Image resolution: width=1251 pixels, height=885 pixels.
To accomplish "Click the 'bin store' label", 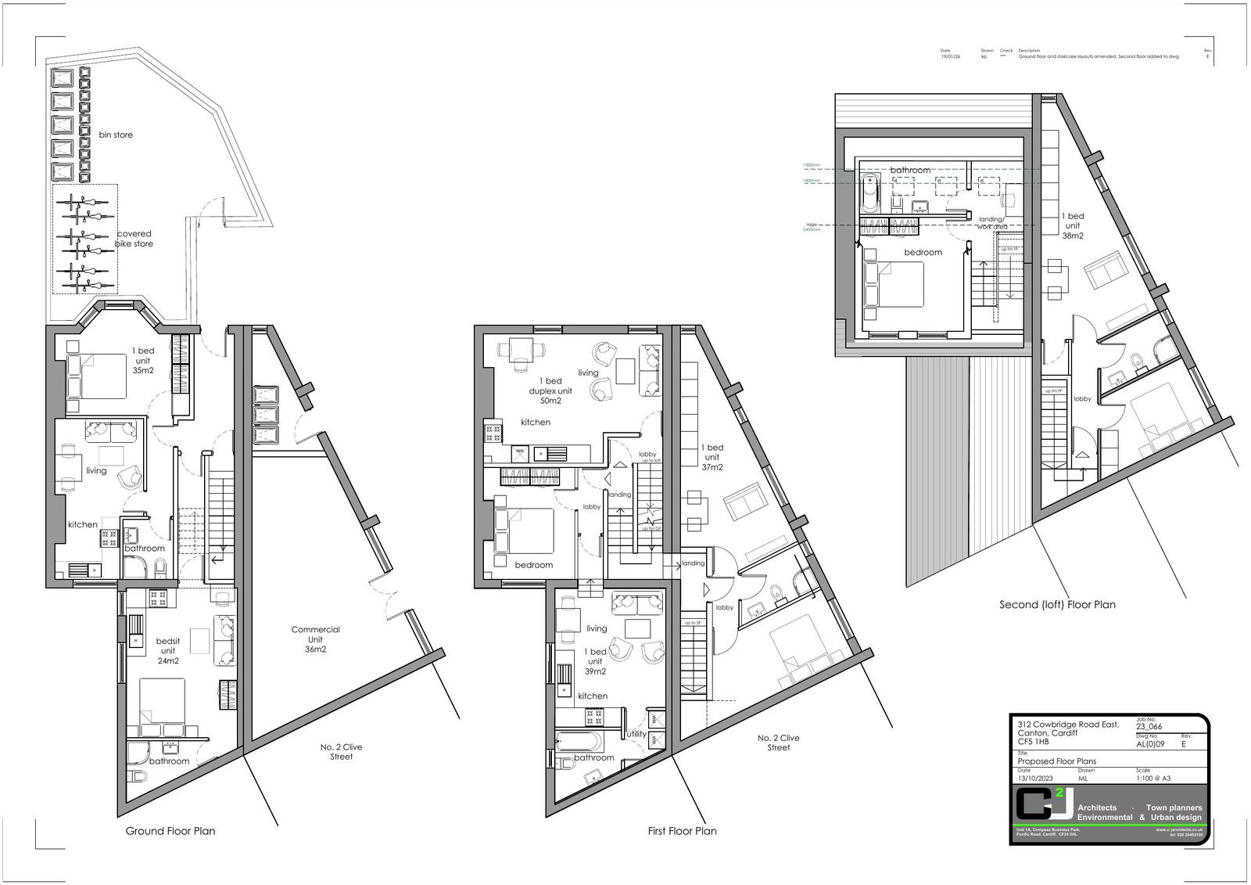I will click(116, 135).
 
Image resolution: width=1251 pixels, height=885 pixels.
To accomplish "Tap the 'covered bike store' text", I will click(134, 239).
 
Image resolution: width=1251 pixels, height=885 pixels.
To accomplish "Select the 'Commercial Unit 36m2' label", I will click(315, 639).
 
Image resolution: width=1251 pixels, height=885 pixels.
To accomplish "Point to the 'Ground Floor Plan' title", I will click(170, 830).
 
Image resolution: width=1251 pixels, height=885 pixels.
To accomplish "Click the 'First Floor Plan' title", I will click(682, 830).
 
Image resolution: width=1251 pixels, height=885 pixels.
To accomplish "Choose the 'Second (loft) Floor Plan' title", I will click(1057, 604).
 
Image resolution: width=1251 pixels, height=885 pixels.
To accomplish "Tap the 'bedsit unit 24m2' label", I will click(167, 650).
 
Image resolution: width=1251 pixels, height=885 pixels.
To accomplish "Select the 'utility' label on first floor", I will click(636, 734).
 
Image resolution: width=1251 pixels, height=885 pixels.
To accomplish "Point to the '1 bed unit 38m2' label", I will click(1072, 225).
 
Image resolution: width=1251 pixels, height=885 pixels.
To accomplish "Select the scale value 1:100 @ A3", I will click(1153, 779).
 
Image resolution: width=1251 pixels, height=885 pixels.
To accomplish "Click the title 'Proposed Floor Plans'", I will click(1056, 761).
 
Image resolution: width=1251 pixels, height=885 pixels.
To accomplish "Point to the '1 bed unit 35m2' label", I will click(142, 360).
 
